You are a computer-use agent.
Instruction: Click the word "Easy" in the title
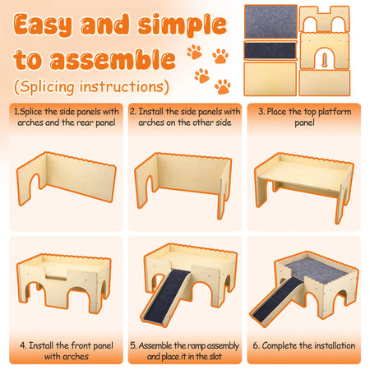(44, 25)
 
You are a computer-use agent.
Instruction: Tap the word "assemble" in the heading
(113, 59)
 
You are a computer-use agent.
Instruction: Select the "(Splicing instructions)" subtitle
(91, 86)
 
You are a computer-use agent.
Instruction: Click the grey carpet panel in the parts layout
(271, 21)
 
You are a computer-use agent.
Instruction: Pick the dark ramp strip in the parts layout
(271, 51)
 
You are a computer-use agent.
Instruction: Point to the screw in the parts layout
(325, 61)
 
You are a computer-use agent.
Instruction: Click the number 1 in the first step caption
(16, 112)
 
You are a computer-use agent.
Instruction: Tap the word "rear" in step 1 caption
(85, 123)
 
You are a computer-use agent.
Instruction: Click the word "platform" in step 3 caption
(335, 112)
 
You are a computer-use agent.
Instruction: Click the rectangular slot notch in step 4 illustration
(56, 278)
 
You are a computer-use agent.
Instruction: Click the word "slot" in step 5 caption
(215, 356)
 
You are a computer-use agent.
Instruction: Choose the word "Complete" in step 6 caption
(280, 346)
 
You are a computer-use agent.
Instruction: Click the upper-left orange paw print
(195, 52)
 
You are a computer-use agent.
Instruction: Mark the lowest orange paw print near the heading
(223, 86)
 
